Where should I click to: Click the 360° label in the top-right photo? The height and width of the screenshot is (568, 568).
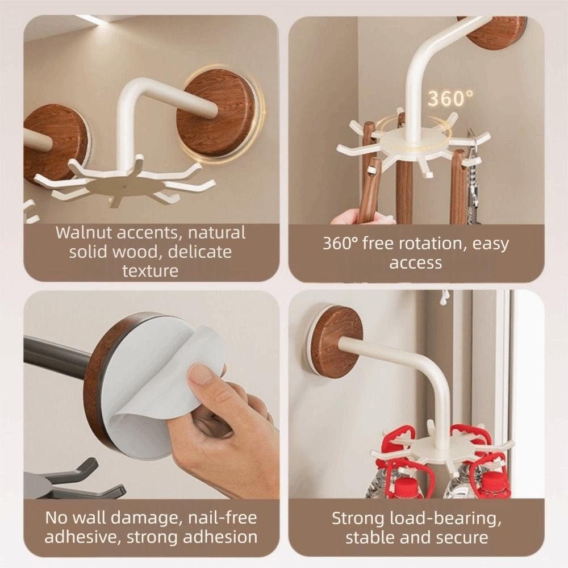click(450, 98)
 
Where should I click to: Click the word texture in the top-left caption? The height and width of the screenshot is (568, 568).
click(150, 270)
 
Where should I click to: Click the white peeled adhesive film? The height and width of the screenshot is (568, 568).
click(165, 392)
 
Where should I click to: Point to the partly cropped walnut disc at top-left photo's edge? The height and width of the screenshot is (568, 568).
click(54, 142)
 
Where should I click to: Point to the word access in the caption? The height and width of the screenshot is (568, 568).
click(415, 263)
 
